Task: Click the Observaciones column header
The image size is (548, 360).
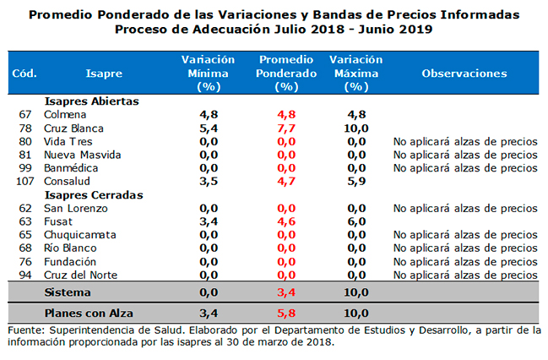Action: coord(464,74)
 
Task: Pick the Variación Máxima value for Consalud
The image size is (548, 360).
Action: coord(355,182)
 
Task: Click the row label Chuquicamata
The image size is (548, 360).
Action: coord(80,235)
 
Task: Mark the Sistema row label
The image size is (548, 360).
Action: coord(67,292)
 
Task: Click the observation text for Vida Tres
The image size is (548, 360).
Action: coord(464,141)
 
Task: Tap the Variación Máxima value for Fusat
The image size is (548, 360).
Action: coord(355,221)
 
